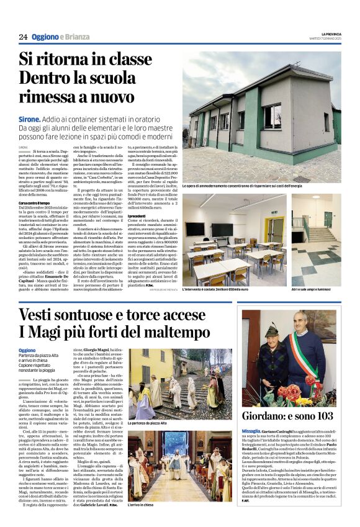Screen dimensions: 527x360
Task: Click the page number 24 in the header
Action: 23,37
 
